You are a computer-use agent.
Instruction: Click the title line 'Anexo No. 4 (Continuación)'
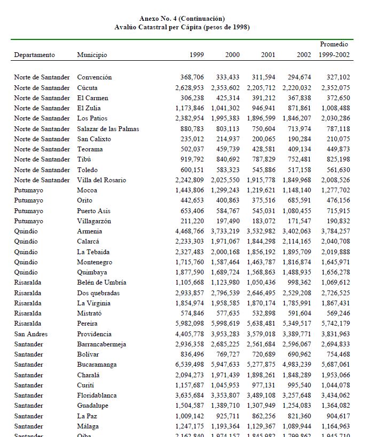(x=182, y=19)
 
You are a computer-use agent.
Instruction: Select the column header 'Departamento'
(x=34, y=55)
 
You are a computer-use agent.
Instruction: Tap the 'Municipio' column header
(x=92, y=55)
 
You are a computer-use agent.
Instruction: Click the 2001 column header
(x=268, y=55)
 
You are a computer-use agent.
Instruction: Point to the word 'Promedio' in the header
(x=334, y=44)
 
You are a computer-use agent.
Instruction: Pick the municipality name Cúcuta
(x=88, y=87)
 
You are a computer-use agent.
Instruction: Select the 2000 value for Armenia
(x=225, y=231)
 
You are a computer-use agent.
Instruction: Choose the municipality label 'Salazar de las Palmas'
(x=108, y=128)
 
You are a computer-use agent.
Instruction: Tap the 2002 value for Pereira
(x=296, y=323)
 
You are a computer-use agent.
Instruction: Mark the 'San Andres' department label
(x=30, y=334)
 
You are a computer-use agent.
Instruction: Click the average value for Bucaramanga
(x=335, y=365)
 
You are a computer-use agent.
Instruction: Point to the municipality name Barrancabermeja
(x=101, y=344)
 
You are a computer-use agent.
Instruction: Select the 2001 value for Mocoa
(x=261, y=190)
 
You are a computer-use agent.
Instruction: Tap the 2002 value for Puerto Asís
(x=296, y=211)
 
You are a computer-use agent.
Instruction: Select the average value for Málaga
(x=335, y=426)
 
